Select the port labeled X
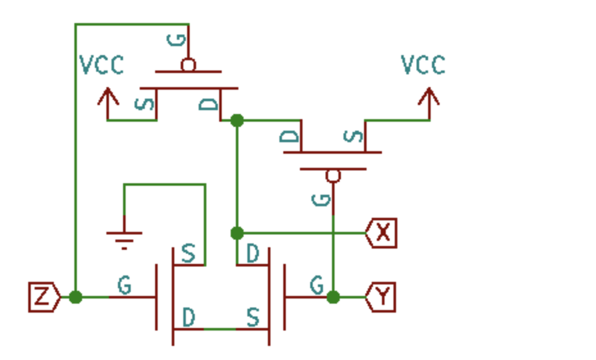pyautogui.click(x=382, y=233)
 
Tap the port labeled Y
pyautogui.click(x=381, y=297)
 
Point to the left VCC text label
pyautogui.click(x=101, y=65)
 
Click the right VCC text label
pyautogui.click(x=423, y=65)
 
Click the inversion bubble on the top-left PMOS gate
pyautogui.click(x=188, y=65)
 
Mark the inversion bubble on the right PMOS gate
pyautogui.click(x=333, y=176)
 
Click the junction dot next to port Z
pyautogui.click(x=76, y=297)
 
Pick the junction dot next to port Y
pyautogui.click(x=333, y=297)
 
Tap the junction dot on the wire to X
pyautogui.click(x=237, y=233)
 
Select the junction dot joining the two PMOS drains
pyautogui.click(x=237, y=120)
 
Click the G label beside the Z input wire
pyautogui.click(x=124, y=285)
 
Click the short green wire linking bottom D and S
pyautogui.click(x=220, y=329)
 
